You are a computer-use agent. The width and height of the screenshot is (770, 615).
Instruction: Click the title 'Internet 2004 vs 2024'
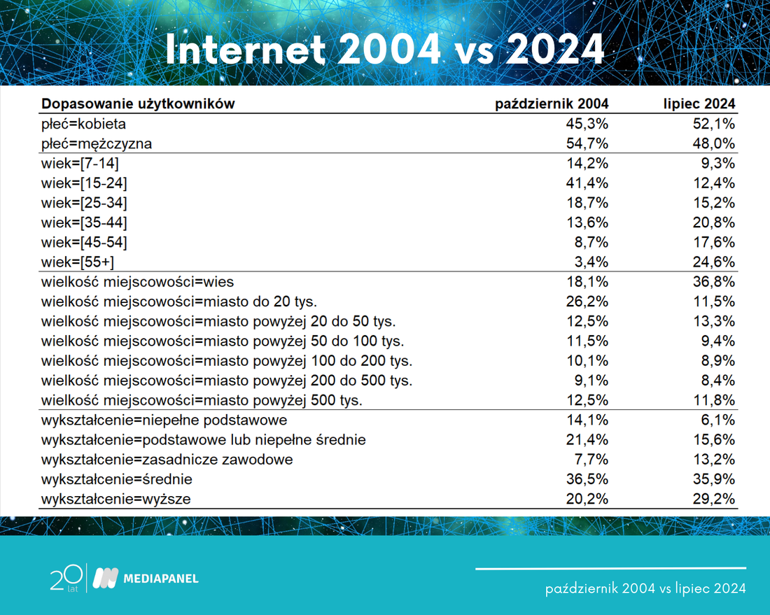[384, 50]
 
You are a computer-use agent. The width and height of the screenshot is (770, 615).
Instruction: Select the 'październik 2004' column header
[552, 104]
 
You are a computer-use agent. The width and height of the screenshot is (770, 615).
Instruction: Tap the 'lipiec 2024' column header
[699, 104]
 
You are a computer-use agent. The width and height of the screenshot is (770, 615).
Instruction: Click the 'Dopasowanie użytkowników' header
[138, 104]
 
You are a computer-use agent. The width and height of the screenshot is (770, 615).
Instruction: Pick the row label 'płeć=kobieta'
[83, 124]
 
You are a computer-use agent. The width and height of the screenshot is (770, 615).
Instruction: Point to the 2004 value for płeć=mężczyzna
[587, 144]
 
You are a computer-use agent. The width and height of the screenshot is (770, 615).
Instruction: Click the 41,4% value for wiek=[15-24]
[587, 183]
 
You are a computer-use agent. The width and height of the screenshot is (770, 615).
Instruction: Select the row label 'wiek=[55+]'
[78, 262]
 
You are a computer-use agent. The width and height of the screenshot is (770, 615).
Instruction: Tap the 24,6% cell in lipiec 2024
[714, 262]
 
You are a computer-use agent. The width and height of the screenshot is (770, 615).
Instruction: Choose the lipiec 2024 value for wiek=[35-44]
[714, 222]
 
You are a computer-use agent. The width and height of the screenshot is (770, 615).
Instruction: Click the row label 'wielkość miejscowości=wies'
[137, 282]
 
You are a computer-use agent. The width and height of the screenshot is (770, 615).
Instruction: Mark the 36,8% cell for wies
[714, 282]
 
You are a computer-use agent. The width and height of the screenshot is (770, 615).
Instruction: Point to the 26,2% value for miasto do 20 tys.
[587, 302]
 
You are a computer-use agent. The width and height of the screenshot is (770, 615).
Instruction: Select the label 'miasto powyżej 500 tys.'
[283, 400]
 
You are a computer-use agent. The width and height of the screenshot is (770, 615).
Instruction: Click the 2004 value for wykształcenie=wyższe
[587, 499]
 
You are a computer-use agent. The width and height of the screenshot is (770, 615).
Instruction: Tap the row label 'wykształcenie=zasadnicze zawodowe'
[167, 460]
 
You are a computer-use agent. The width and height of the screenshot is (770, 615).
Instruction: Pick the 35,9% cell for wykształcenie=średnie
[714, 479]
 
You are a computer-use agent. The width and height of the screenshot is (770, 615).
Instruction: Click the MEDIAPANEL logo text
[161, 579]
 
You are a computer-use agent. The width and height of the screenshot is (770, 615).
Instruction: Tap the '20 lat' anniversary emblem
[66, 578]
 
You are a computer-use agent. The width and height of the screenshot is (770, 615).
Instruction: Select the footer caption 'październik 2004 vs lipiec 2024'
[646, 588]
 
